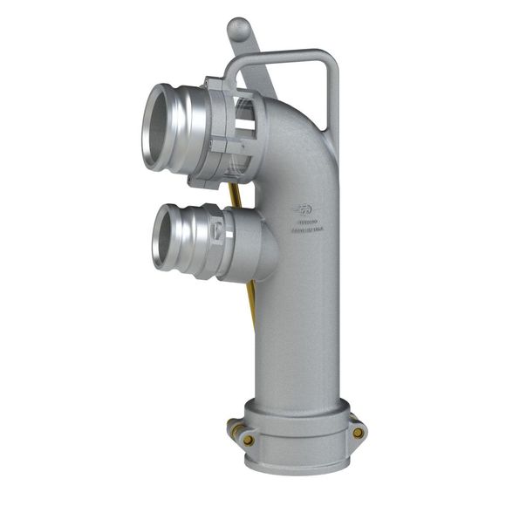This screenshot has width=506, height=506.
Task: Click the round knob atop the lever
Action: click(x=238, y=29)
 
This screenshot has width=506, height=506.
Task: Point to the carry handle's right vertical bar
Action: click(x=330, y=113)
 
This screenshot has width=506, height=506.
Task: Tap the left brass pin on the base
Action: click(x=232, y=427)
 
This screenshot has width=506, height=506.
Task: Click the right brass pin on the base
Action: click(x=358, y=432)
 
